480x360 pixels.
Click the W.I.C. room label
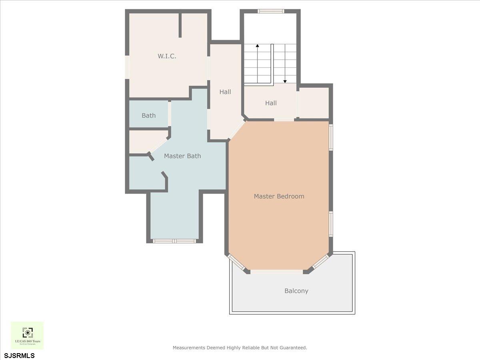167,56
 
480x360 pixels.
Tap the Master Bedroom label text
279,196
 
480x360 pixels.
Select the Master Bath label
182,156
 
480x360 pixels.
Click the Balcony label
296,291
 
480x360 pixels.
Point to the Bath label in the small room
148,116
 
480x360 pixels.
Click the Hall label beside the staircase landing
271,103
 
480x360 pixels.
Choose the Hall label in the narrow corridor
225,92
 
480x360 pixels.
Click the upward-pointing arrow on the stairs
257,46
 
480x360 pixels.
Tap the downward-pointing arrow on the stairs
285,80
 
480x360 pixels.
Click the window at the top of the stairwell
271,11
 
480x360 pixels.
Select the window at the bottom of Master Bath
174,241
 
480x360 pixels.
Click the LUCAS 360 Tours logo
27,335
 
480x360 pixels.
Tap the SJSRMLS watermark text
20,356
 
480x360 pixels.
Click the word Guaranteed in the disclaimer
294,348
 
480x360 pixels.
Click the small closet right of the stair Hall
314,103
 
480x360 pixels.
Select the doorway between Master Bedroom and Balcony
276,272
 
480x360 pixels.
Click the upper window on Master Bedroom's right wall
331,138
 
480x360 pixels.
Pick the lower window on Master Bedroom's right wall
331,224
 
